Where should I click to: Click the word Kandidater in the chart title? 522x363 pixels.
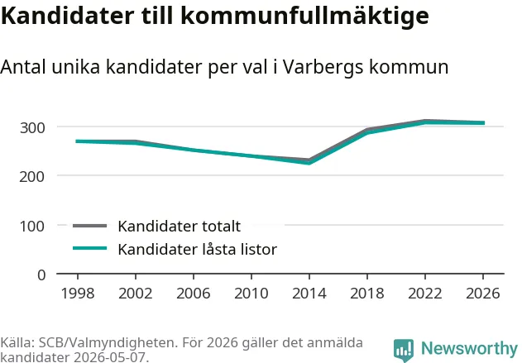68,16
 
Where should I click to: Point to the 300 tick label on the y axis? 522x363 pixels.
32,128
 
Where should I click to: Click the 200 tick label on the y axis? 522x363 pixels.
32,177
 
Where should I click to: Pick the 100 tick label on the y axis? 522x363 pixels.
32,227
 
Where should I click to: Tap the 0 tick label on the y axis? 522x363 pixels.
41,275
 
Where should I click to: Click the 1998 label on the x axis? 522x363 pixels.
78,294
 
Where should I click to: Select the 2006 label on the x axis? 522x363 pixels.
194,294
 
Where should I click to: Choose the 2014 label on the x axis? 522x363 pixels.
309,294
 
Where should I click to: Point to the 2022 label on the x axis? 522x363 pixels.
425,294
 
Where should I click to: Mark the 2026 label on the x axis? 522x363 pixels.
483,294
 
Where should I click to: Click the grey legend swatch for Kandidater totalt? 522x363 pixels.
90,227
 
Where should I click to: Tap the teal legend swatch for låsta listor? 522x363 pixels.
90,248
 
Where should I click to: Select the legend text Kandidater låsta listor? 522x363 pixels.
198,249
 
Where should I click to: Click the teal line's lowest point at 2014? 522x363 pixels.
309,163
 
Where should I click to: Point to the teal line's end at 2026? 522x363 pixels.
484,123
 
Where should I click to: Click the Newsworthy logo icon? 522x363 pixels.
404,351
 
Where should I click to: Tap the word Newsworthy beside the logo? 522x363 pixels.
469,349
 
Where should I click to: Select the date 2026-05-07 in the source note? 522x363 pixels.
109,357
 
